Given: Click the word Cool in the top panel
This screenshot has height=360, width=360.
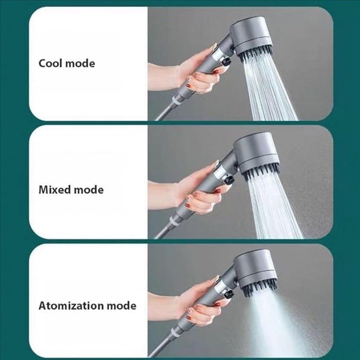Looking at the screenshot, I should point(51,63).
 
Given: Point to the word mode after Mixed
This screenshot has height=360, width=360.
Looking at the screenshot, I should point(88,189).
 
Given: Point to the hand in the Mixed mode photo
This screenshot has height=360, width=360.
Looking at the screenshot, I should point(196,189).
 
